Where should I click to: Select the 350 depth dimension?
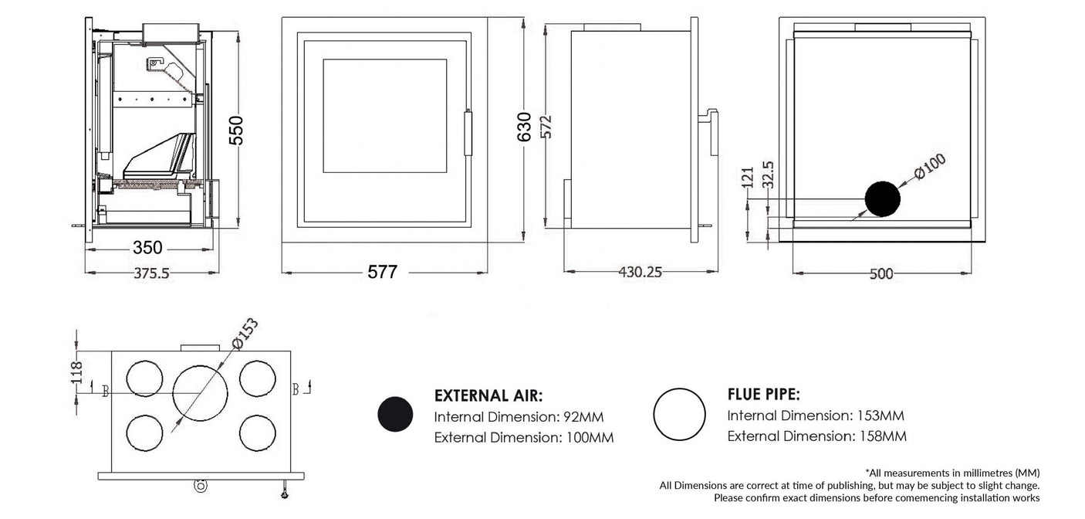pos(147,248)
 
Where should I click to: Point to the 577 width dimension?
pos(382,273)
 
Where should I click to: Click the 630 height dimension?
pos(524,127)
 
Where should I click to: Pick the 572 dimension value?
pos(546,123)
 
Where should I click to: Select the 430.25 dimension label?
pos(640,272)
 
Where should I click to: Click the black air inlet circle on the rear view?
pos(882,199)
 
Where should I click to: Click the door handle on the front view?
pos(467,134)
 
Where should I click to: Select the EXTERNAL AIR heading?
pos(488,396)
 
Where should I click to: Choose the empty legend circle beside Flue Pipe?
pos(679,415)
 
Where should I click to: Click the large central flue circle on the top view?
pos(201,391)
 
